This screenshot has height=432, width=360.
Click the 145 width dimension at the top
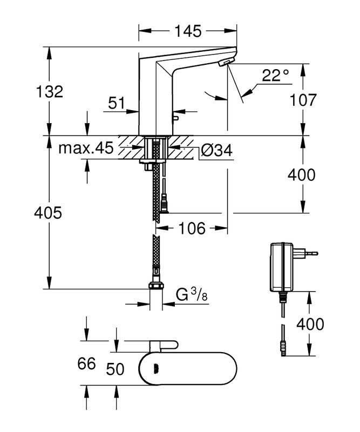pyautogui.click(x=188, y=31)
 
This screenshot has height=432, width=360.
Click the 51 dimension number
pyautogui.click(x=117, y=103)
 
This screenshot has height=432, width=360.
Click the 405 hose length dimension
pyautogui.click(x=47, y=213)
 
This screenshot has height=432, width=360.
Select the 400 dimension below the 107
pyautogui.click(x=301, y=175)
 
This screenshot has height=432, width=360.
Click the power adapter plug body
pyautogui.click(x=282, y=268)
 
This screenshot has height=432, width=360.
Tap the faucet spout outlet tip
pyautogui.click(x=225, y=64)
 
